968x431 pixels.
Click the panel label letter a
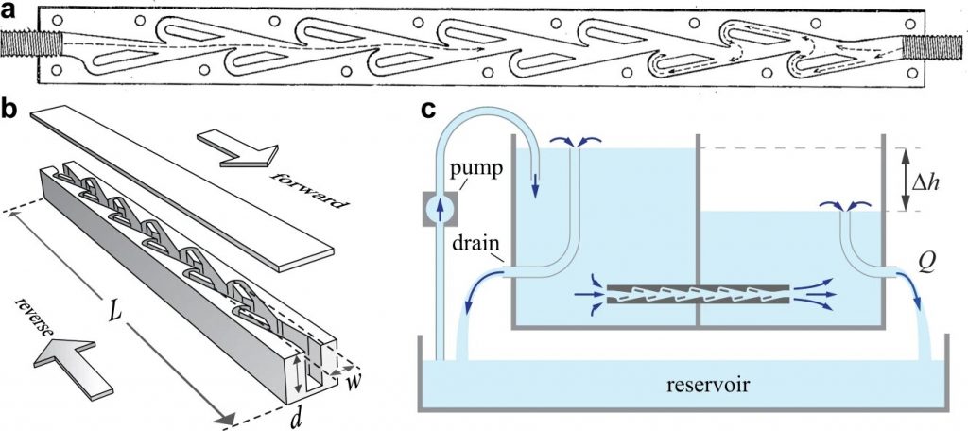pos(10,12)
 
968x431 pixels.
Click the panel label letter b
pos(10,109)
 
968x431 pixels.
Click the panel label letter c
pos(428,111)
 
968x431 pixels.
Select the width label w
pos(351,384)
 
